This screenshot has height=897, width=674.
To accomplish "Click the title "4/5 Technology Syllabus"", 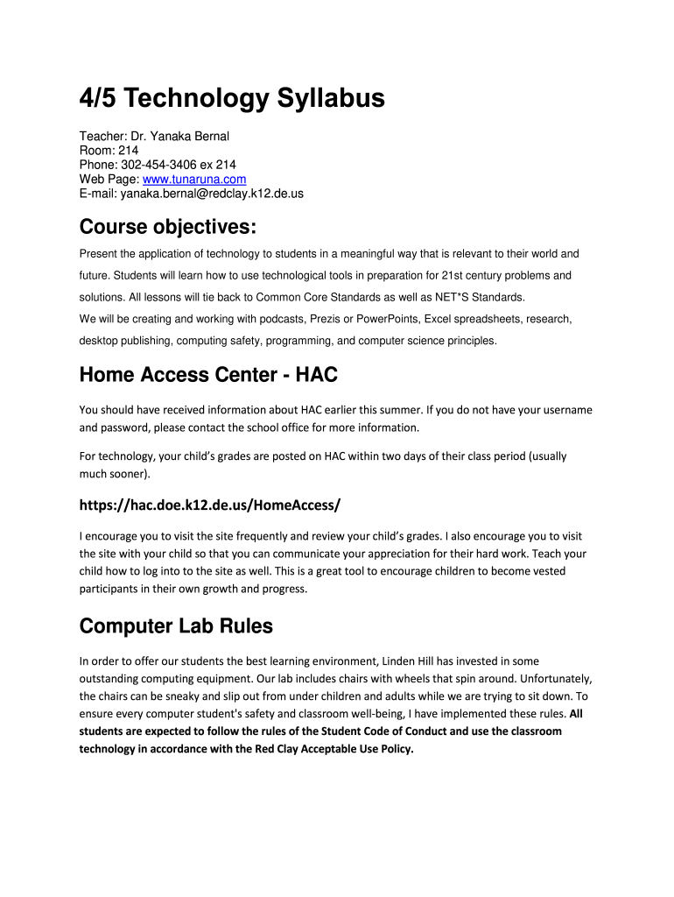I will [x=232, y=99].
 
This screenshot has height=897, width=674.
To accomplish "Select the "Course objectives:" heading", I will [x=168, y=228].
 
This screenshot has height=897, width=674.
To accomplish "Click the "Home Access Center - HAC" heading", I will [x=208, y=375].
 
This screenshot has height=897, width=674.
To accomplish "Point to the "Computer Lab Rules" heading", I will [x=176, y=626].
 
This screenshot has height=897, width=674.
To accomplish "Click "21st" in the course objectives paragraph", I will [x=454, y=275].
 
